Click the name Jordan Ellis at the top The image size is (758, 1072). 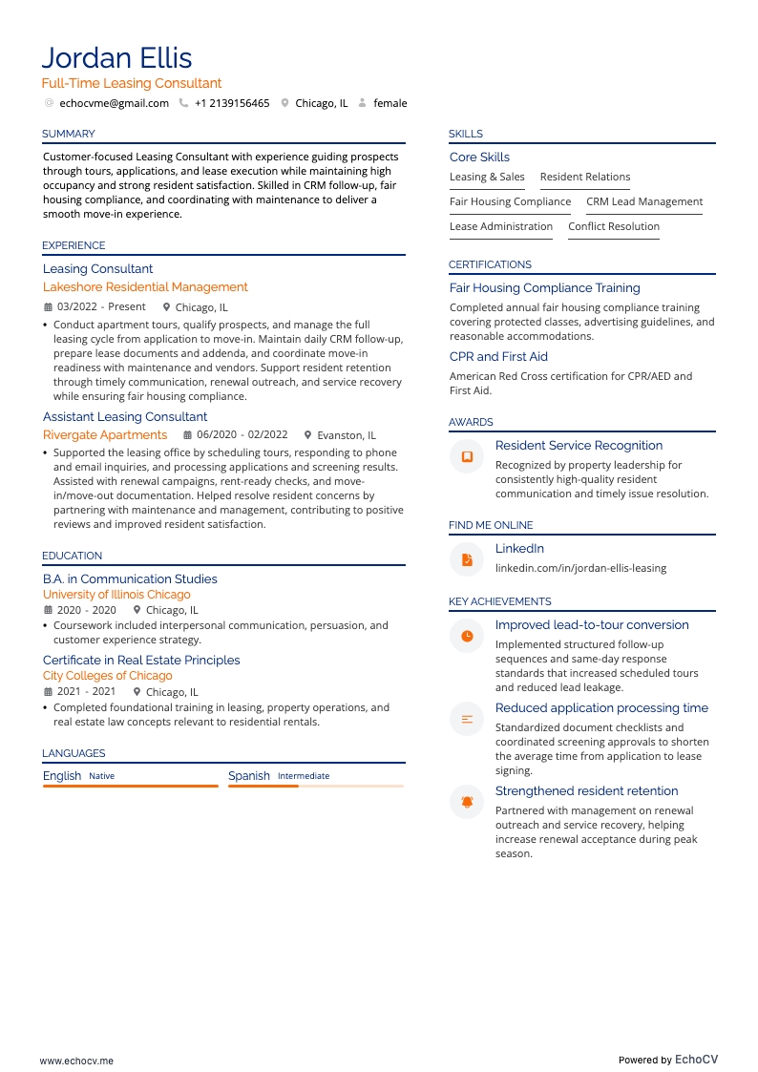tap(116, 57)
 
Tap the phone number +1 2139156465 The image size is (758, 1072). tap(232, 103)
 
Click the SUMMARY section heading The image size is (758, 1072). tap(68, 134)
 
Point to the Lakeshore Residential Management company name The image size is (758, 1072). tap(145, 286)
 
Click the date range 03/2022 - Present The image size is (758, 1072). tap(101, 307)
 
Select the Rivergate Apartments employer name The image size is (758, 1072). tap(105, 434)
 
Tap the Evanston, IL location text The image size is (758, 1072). tap(347, 435)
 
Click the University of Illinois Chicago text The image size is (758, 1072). tap(116, 595)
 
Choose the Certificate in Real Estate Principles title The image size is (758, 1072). tap(141, 660)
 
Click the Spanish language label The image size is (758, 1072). tap(249, 776)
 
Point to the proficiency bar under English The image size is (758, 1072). tap(131, 786)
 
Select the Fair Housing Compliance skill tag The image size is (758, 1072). tap(510, 201)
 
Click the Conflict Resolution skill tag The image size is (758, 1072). tap(614, 226)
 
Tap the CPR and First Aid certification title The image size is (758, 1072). tap(498, 356)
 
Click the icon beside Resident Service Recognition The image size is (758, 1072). tap(467, 457)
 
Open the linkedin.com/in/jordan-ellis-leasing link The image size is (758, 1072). tap(580, 568)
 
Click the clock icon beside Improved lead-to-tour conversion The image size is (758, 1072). tap(467, 636)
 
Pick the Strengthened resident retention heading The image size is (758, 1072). tap(586, 790)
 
